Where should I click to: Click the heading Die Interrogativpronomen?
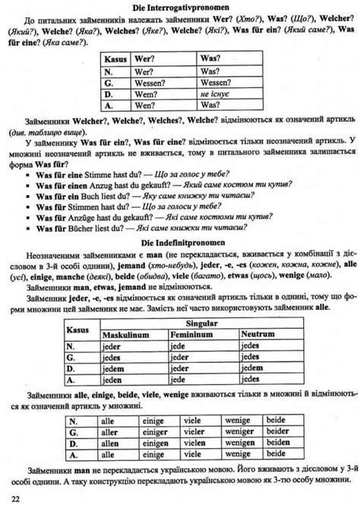tap(179, 7)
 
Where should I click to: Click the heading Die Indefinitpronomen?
tap(179, 241)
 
